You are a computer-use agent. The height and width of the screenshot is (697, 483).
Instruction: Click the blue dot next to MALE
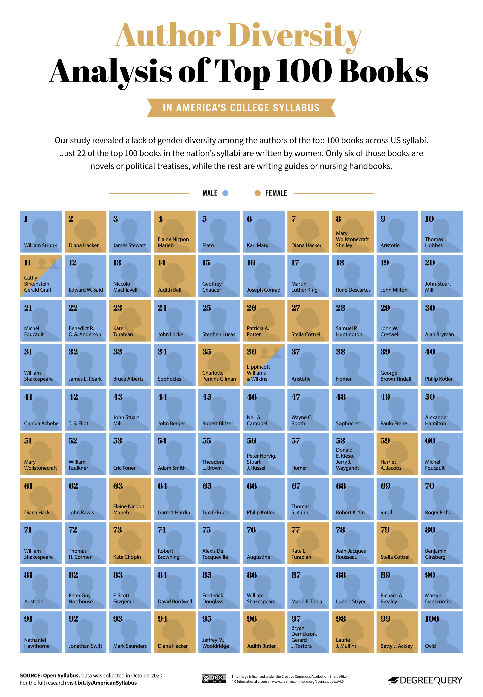point(225,193)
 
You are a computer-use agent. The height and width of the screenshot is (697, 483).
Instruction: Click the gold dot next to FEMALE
point(258,193)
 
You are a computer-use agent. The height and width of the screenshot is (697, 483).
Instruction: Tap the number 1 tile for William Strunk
point(41,232)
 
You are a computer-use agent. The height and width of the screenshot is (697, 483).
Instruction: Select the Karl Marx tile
point(264,232)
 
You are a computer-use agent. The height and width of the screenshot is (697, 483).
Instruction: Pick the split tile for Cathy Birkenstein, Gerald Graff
point(41,276)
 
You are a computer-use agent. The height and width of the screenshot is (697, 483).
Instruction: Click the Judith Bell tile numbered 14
point(175,276)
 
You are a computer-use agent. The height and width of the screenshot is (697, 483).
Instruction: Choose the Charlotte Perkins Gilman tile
point(219,365)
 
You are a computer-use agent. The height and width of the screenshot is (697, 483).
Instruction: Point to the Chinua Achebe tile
point(41,410)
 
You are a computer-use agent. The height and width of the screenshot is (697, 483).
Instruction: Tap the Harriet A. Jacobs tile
point(397,454)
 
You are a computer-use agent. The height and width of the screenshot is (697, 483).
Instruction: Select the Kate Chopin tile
point(130,543)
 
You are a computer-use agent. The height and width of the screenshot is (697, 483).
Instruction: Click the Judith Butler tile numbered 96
point(264,632)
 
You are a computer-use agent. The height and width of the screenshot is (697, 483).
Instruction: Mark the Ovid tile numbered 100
point(442,632)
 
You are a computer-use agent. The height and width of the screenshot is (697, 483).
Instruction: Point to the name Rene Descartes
point(353,290)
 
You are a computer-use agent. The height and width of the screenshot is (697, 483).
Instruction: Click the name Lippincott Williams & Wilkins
point(258,373)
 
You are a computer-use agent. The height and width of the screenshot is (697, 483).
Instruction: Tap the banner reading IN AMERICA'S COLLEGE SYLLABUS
point(241,108)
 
